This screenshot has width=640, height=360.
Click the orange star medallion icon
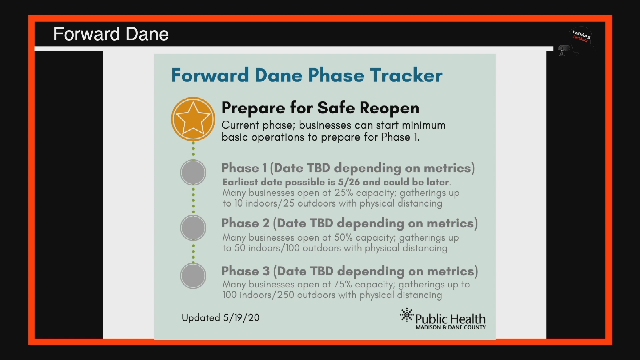click(193, 119)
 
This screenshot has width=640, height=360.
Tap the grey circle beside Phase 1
click(193, 172)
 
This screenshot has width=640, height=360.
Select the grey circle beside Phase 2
click(193, 228)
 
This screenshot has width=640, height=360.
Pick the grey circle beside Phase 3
click(193, 276)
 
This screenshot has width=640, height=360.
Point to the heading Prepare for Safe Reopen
click(320, 108)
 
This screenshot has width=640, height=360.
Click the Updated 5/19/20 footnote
click(220, 317)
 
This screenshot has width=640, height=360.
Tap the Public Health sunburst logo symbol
click(406, 315)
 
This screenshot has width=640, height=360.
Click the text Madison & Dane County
click(450, 328)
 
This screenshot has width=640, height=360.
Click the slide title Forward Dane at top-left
click(111, 34)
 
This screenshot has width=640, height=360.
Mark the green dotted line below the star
click(193, 150)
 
